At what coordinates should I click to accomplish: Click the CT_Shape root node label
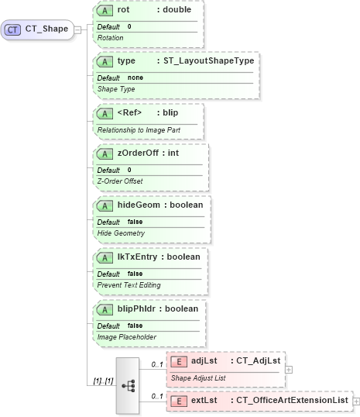tap(46, 30)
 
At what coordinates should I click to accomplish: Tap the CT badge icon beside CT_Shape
tap(13, 30)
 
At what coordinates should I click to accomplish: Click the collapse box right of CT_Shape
tap(77, 30)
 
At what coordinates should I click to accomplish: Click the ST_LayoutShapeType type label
tap(208, 60)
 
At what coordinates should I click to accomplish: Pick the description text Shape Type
tap(117, 89)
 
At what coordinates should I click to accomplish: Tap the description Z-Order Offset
tap(120, 181)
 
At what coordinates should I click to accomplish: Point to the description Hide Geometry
tap(121, 233)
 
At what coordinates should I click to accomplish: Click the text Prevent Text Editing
tap(129, 285)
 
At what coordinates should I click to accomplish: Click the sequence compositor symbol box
tap(128, 385)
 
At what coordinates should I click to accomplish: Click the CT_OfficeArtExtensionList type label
tap(292, 401)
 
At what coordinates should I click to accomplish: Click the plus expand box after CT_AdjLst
tap(289, 370)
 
